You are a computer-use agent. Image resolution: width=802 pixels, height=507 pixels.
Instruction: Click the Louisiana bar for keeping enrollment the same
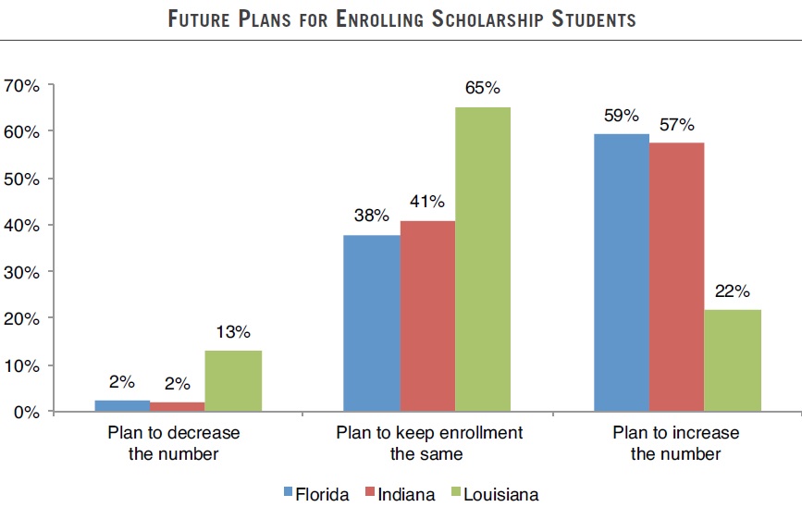(x=483, y=259)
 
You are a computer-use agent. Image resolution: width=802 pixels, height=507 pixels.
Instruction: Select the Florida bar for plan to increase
(x=621, y=273)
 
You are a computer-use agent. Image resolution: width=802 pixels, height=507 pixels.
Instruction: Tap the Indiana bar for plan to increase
(x=676, y=278)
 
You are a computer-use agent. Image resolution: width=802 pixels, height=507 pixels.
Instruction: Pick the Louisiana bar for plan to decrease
(x=233, y=380)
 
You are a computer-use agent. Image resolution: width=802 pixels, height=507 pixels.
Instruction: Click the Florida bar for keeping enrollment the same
(x=371, y=323)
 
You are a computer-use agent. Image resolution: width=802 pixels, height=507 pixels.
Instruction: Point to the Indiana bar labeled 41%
(x=427, y=316)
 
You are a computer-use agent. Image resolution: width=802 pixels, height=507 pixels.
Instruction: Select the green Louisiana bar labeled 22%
(x=733, y=360)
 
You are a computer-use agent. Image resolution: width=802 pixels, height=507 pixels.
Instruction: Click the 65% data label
(x=483, y=89)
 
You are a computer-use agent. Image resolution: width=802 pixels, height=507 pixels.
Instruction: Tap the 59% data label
(x=621, y=117)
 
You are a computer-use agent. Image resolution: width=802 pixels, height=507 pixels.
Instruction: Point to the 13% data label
(x=233, y=333)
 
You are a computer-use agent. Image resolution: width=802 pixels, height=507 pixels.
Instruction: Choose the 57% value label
(x=676, y=125)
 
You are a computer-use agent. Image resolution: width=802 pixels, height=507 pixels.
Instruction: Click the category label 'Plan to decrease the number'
(x=174, y=443)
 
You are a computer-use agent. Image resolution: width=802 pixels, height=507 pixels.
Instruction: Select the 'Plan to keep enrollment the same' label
(x=428, y=443)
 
